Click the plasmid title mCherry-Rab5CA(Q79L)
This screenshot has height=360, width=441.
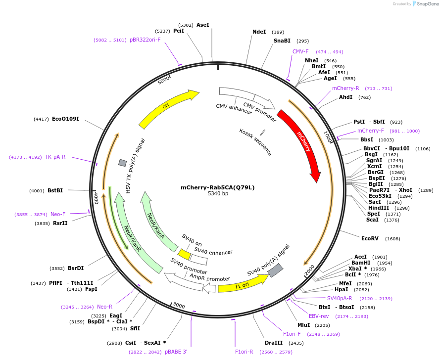pyautogui.click(x=218, y=187)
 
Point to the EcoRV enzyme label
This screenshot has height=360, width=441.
pyautogui.click(x=370, y=239)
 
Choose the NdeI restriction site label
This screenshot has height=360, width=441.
pyautogui.click(x=259, y=32)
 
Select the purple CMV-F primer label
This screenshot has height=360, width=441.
pyautogui.click(x=300, y=51)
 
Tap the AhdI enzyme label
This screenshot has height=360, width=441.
pyautogui.click(x=345, y=97)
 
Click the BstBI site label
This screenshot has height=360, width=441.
pyautogui.click(x=55, y=190)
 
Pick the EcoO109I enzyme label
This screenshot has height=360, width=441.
pyautogui.click(x=65, y=119)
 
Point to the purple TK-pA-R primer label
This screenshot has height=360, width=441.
pyautogui.click(x=55, y=157)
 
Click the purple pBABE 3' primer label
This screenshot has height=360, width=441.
pyautogui.click(x=176, y=352)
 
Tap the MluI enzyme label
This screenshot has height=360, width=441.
pyautogui.click(x=304, y=325)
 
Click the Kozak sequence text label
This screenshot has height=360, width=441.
pyautogui.click(x=255, y=142)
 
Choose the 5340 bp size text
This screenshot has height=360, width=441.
pyautogui.click(x=218, y=193)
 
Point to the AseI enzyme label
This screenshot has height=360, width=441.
pyautogui.click(x=203, y=25)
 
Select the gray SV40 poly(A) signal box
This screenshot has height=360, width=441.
pyautogui.click(x=275, y=270)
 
